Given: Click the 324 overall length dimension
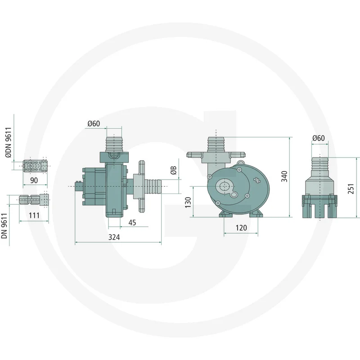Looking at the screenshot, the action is click(114, 237).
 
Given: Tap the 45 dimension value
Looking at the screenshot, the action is click(132, 223).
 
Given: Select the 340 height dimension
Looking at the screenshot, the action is click(284, 176).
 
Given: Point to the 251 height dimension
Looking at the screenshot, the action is click(351, 189).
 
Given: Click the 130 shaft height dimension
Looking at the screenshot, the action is click(188, 202).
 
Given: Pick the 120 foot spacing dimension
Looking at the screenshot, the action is click(241, 228).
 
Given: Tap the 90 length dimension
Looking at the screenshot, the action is click(34, 180).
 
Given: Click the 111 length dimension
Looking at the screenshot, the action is click(34, 216).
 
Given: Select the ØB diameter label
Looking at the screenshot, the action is click(174, 170).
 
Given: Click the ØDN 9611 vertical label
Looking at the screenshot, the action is click(8, 143).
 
